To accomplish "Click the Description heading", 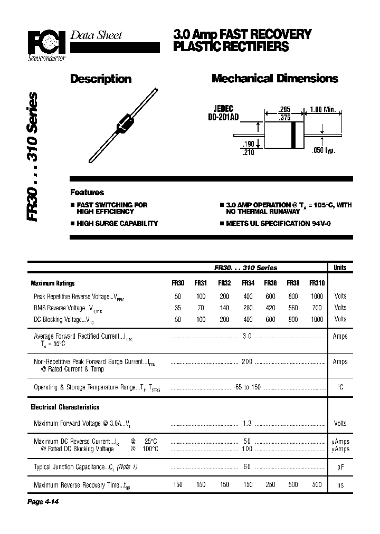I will [101, 79].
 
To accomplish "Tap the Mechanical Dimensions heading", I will [274, 79].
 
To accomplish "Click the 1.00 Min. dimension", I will [322, 109].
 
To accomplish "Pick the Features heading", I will [87, 193].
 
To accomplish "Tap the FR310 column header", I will [317, 283].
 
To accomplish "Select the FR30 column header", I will [178, 283].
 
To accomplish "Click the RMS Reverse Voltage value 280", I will [248, 308].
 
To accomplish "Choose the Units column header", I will [340, 268].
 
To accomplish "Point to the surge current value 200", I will [246, 362].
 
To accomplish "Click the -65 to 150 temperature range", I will [246, 387].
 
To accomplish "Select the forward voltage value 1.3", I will [246, 423].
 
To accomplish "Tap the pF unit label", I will [340, 467].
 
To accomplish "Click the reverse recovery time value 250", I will [270, 485].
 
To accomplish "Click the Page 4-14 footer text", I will [42, 502].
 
